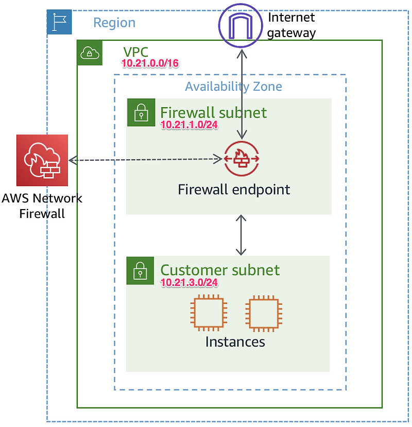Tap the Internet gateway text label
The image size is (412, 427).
[x=291, y=25]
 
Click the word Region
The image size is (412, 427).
[x=114, y=23]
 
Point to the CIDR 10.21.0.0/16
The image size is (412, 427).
[x=150, y=63]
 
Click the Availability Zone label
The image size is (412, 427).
[x=233, y=86]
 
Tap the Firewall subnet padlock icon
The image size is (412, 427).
[x=140, y=112]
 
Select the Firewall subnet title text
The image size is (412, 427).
[x=213, y=112]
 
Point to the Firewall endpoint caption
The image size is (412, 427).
[x=234, y=190]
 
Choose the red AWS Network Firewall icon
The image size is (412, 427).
[x=42, y=160]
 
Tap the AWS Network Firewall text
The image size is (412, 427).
[x=42, y=206]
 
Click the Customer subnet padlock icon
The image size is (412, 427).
[x=140, y=270]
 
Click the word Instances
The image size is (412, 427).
[x=235, y=341]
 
